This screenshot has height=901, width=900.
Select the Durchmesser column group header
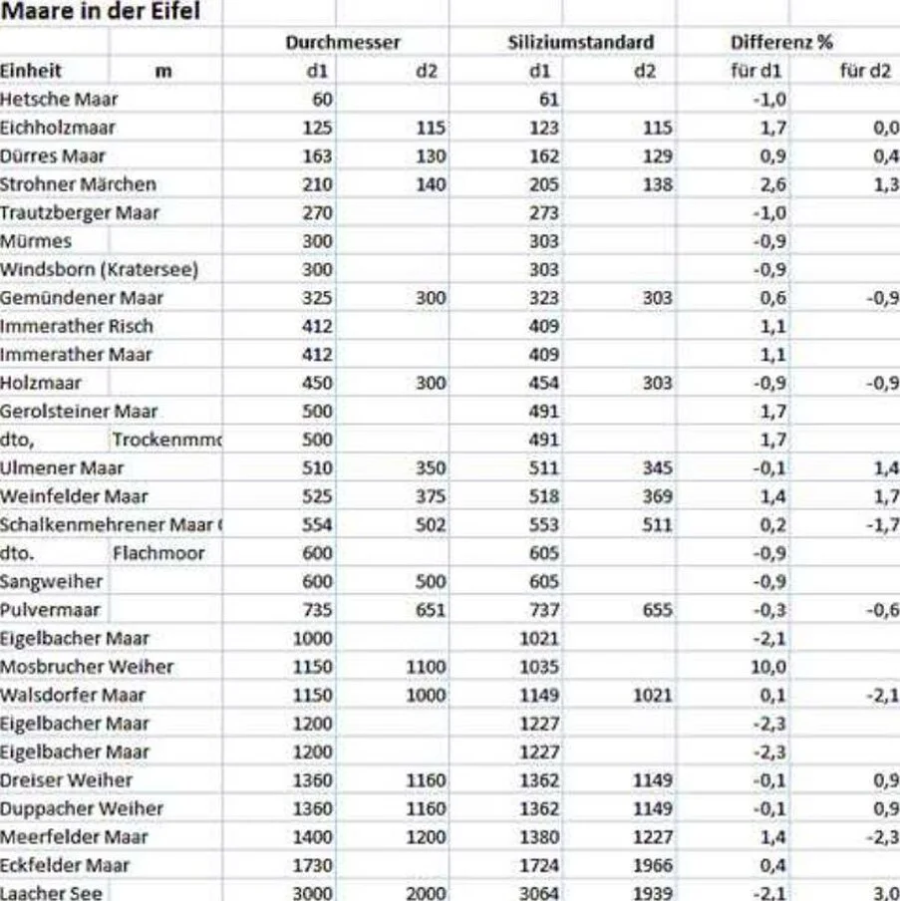coord(343,43)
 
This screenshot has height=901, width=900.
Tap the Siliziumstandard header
coord(580,43)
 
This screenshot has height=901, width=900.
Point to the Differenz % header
coord(781,43)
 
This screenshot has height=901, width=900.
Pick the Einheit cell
coord(31,71)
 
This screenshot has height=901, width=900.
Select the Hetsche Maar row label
coord(59,99)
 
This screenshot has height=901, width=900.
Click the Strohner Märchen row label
coord(78,184)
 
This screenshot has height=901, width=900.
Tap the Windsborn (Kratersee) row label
coord(100,269)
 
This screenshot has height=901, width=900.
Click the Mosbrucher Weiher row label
coord(87,666)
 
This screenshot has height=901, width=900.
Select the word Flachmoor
coord(158,553)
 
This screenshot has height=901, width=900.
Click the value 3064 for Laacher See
coord(539,893)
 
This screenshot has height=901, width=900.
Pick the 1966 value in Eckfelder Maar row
coord(653,865)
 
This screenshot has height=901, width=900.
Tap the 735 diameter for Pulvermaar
coord(318,610)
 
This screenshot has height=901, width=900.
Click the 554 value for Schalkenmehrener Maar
coord(318,524)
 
